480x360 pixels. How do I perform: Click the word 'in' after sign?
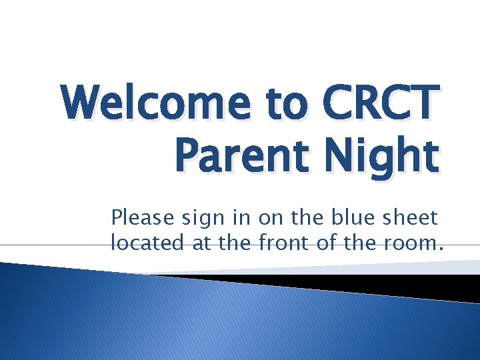click(231, 217)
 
